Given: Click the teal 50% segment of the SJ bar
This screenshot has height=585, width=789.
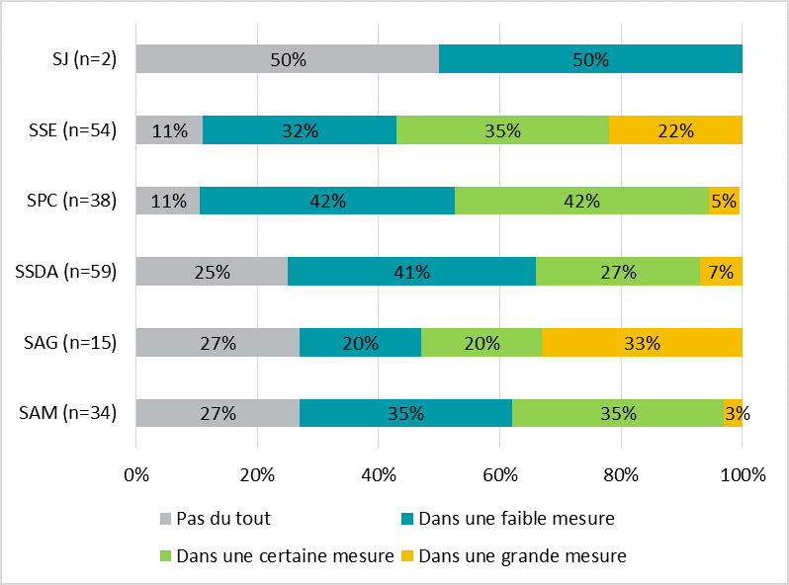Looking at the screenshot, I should click(590, 59).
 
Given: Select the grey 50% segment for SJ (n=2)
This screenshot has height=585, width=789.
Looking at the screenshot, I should click(288, 59).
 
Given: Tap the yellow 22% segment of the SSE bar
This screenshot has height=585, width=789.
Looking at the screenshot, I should click(675, 130).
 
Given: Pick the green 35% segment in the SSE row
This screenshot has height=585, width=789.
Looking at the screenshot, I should click(502, 130).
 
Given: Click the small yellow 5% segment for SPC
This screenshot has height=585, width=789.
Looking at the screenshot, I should click(724, 201).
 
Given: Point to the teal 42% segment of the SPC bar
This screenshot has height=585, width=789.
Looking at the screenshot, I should click(327, 201).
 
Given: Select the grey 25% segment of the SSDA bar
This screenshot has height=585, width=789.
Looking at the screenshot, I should click(212, 272).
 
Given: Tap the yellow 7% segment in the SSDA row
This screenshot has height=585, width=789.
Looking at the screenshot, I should click(721, 272).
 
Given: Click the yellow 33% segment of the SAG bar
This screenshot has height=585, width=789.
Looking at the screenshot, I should click(642, 343).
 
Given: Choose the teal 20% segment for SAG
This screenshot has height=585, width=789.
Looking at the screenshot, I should click(360, 343).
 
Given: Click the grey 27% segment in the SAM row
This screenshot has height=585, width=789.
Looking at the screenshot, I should click(218, 413).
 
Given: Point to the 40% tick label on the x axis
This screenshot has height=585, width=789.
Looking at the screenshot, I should click(379, 474).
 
